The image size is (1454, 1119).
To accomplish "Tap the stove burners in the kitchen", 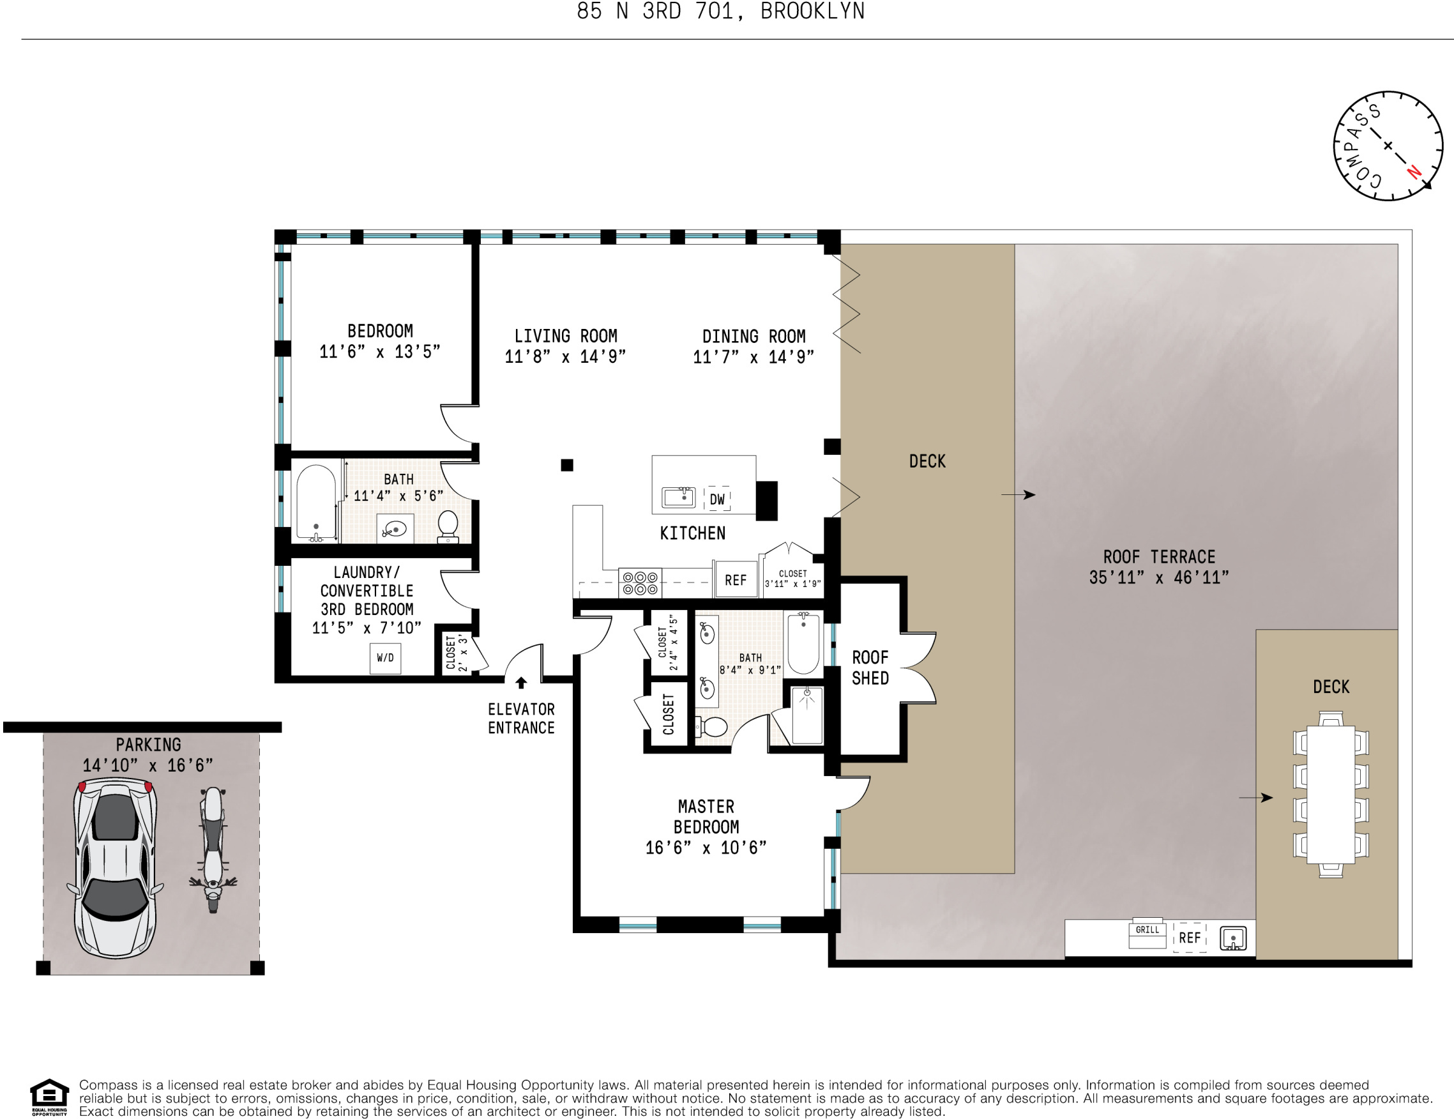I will point(640,582).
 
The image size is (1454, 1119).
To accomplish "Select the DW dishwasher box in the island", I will point(717,499).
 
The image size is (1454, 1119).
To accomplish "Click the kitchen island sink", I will point(678,497).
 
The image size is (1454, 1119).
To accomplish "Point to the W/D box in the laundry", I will point(385,658).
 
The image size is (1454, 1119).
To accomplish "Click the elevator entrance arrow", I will point(521,683).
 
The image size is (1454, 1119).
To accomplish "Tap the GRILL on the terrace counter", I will point(1147,934).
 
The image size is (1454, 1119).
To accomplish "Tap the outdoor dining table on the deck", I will point(1330,795).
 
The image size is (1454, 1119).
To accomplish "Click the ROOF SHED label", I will point(870,667).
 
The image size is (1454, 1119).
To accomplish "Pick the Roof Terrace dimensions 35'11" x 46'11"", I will point(1158,577).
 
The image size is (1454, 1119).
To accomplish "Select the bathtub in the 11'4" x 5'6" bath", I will point(315,501).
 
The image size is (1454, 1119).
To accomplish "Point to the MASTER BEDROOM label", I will point(706,817).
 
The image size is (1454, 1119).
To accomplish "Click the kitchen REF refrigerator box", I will point(735,580).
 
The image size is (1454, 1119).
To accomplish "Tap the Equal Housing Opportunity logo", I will point(49,1097).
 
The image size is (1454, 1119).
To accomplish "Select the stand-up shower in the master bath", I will point(807,716).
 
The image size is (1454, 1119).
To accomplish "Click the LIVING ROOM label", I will point(565,337).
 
